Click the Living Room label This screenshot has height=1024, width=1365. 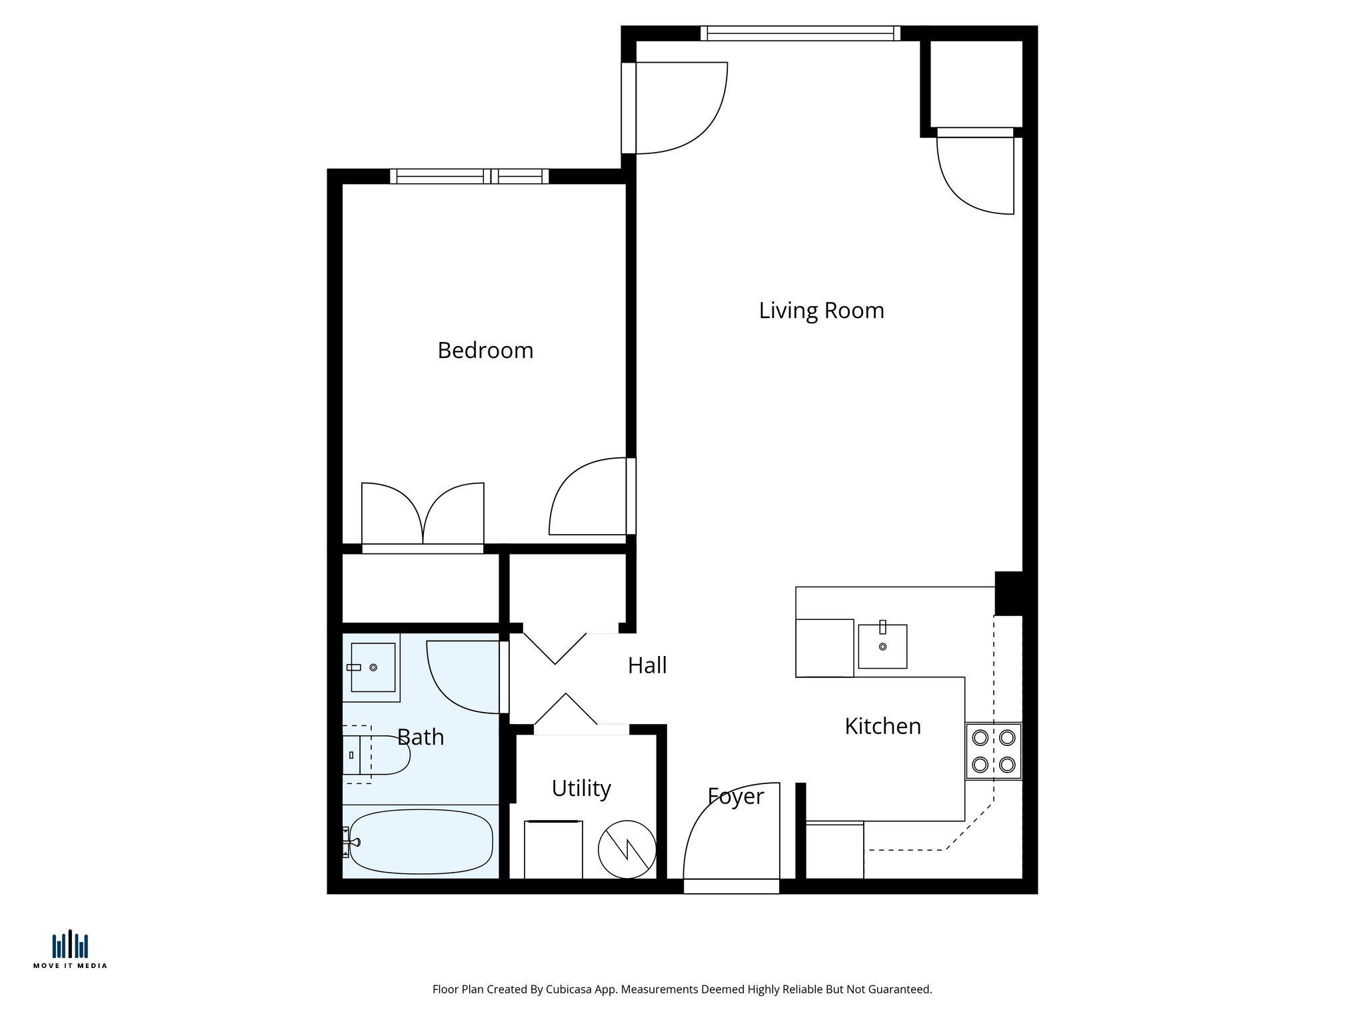(x=821, y=311)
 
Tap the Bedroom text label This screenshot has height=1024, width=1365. (x=485, y=351)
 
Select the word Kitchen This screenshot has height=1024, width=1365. (x=882, y=726)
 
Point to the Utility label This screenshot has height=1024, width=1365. (x=581, y=788)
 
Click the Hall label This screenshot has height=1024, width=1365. (x=647, y=665)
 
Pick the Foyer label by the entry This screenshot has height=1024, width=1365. (x=735, y=796)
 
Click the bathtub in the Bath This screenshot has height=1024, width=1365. (x=421, y=841)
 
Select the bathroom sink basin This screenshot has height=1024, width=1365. (x=373, y=667)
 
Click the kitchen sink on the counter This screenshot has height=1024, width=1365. (x=882, y=646)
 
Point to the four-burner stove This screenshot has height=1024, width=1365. (x=993, y=751)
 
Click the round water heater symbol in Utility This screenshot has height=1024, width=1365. (x=627, y=849)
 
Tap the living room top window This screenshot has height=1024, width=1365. (x=800, y=33)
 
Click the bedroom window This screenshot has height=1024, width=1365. (x=469, y=176)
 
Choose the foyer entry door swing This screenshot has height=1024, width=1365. (x=730, y=833)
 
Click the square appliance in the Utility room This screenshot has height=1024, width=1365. (x=553, y=849)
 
